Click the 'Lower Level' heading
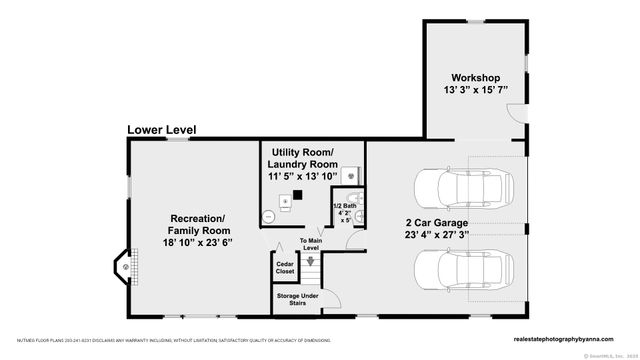tap(161, 130)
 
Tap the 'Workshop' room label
tap(475, 77)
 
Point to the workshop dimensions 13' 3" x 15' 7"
tap(475, 90)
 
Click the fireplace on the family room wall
tap(123, 268)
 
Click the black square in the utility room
tap(297, 197)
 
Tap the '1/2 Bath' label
tap(343, 206)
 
